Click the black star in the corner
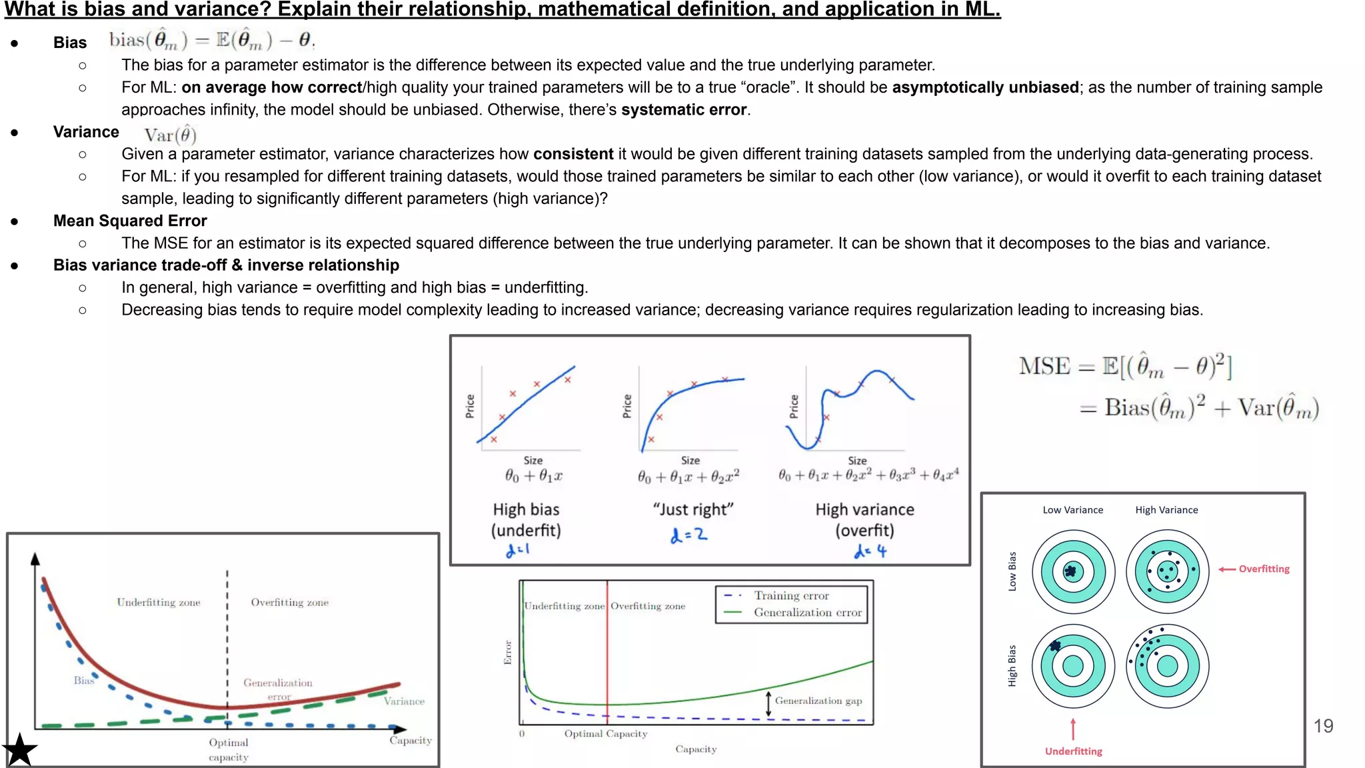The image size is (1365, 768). click(20, 750)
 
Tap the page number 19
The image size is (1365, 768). click(1323, 726)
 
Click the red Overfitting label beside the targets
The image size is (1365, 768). click(1264, 569)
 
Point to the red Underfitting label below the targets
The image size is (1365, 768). click(1073, 751)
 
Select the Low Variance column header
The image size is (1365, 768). click(1072, 510)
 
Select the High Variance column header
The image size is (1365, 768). click(1166, 510)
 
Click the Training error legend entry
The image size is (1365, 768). click(791, 595)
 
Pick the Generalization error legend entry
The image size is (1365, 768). click(807, 613)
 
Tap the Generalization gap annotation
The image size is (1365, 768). click(818, 701)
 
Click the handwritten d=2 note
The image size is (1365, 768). click(688, 535)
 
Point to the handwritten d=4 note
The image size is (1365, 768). click(870, 551)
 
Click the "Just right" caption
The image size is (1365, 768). click(692, 509)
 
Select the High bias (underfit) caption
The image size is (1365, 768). click(526, 520)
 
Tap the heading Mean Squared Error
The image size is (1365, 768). click(130, 221)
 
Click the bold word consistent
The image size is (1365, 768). click(573, 154)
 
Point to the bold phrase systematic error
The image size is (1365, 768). click(683, 110)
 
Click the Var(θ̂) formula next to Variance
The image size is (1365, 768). click(170, 135)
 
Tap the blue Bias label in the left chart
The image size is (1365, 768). click(83, 680)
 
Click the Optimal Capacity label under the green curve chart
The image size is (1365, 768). click(605, 733)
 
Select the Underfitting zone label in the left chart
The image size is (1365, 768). click(159, 602)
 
